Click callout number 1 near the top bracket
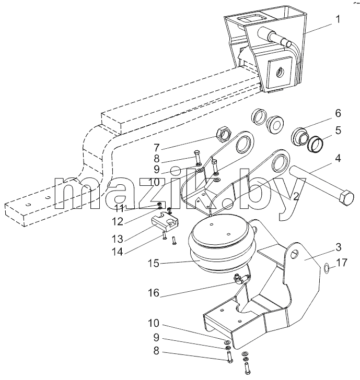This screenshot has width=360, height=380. tap(338, 19)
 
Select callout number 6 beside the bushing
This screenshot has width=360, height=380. tap(338, 113)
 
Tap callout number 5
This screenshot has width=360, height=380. tap(338, 130)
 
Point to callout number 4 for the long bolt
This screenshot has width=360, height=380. tap(338, 158)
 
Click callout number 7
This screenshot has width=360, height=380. tap(157, 147)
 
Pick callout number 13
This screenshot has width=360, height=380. tap(118, 239)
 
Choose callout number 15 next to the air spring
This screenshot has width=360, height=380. tap(154, 263)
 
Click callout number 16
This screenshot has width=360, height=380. tap(154, 293)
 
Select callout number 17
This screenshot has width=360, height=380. tap(342, 263)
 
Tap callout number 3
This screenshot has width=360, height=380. tap(338, 247)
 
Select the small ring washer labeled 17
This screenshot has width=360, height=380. tap(326, 268)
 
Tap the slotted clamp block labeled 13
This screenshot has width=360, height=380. tap(165, 222)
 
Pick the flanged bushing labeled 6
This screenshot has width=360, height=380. tap(300, 137)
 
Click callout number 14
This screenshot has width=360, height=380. tap(118, 252)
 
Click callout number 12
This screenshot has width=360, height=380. tap(118, 221)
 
